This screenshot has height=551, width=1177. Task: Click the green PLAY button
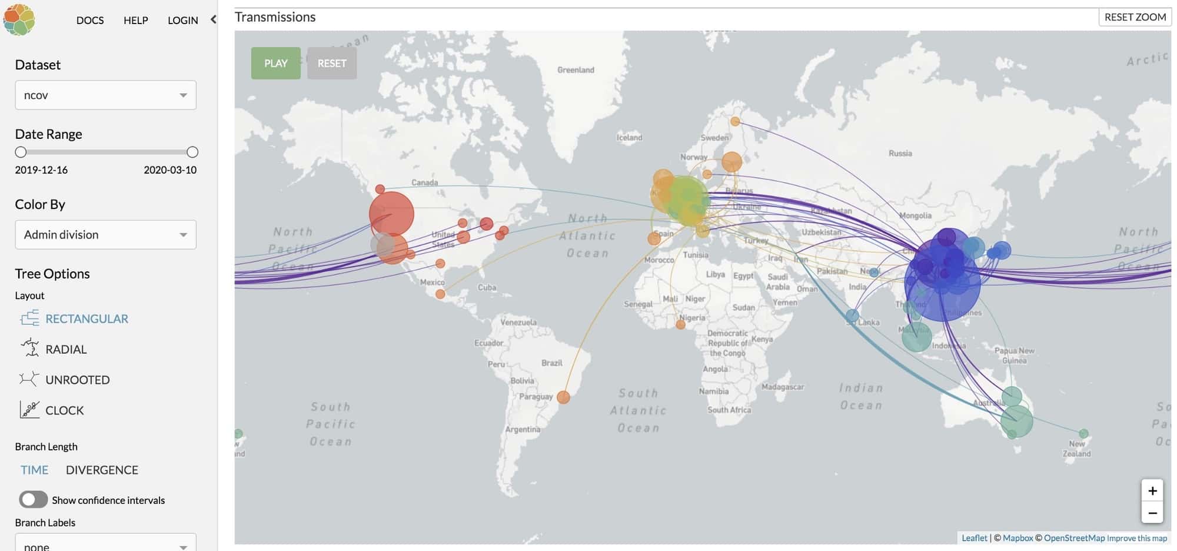[275, 63]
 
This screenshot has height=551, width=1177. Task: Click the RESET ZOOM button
[1135, 17]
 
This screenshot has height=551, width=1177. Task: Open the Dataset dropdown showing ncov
[105, 95]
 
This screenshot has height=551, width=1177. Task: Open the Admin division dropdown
[105, 234]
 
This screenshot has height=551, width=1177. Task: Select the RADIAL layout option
[65, 349]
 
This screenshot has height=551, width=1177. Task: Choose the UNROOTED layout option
[77, 380]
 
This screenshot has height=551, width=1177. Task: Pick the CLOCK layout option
[64, 410]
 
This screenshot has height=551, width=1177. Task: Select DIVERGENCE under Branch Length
[102, 470]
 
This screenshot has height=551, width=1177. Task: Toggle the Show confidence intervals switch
[33, 500]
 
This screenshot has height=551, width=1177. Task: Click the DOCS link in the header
[90, 20]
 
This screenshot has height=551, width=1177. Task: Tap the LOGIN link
[182, 20]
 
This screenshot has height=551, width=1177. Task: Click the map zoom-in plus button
[1152, 490]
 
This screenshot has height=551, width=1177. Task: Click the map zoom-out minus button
[1152, 513]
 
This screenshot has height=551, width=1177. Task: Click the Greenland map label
[576, 70]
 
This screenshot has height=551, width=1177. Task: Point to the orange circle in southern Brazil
[563, 397]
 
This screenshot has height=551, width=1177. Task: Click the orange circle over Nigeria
[681, 324]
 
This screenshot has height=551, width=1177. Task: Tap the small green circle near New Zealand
[1083, 433]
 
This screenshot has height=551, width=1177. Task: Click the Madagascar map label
[782, 387]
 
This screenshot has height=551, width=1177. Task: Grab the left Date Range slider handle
[21, 152]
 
